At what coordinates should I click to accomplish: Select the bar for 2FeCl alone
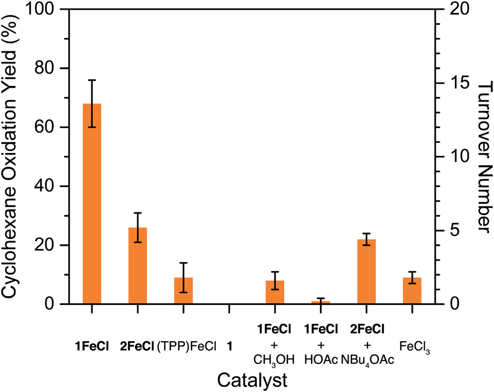[138, 265]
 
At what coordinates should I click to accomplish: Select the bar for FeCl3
[412, 290]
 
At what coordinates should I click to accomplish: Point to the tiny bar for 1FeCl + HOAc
[321, 302]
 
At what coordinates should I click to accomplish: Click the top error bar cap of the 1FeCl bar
[92, 80]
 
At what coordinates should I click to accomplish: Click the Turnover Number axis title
[482, 157]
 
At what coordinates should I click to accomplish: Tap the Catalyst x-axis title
[251, 380]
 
